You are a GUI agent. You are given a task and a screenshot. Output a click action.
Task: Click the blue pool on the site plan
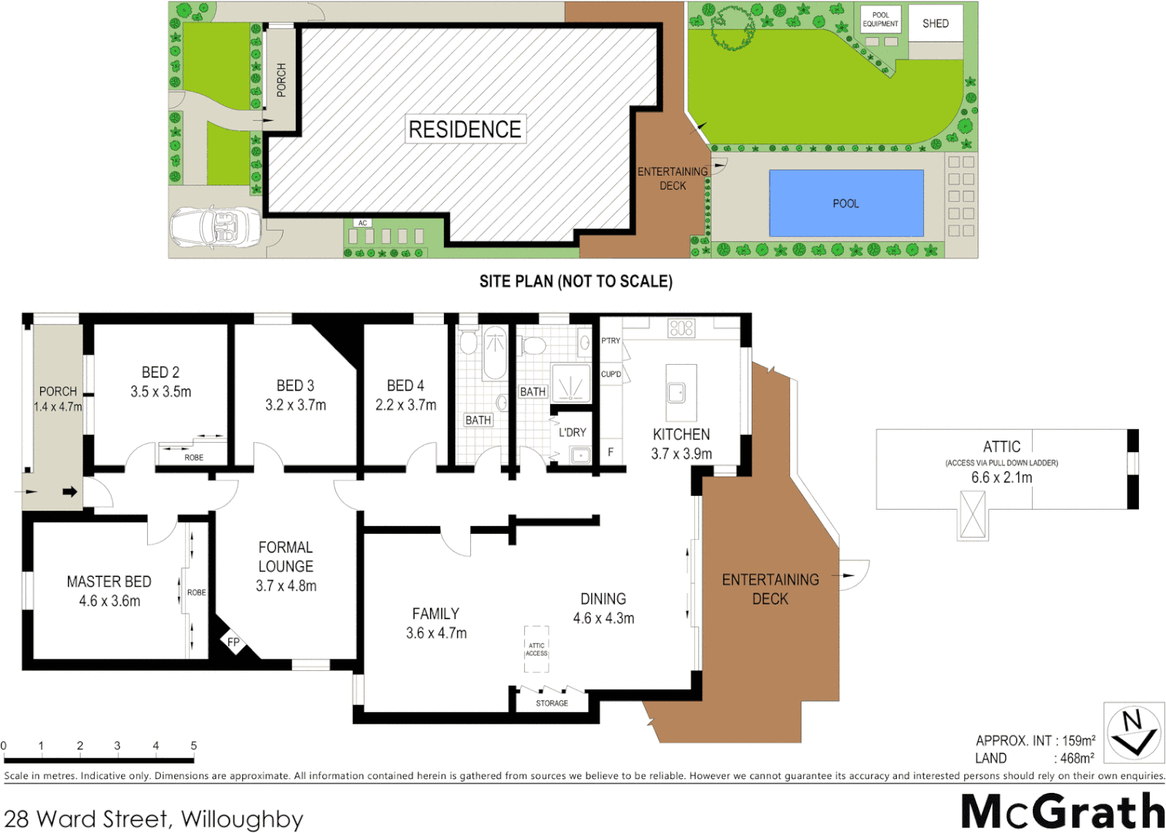(x=846, y=203)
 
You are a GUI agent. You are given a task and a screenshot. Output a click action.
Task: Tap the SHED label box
(x=935, y=23)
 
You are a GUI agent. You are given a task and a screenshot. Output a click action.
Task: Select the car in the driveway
(x=214, y=228)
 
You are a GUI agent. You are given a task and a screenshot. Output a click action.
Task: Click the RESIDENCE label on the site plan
(x=465, y=130)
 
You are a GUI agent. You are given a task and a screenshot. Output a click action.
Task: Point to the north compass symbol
(x=1133, y=733)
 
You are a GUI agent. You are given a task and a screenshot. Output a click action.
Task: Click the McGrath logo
(x=1063, y=811)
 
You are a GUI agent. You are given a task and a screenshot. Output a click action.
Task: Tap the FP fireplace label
(x=234, y=642)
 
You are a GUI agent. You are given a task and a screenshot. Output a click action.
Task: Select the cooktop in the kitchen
(x=681, y=328)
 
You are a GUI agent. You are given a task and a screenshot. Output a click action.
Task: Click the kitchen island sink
(x=677, y=393)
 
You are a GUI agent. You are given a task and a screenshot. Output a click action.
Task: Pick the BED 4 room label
(x=405, y=386)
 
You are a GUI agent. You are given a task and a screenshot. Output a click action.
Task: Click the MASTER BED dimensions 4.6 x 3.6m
(x=109, y=601)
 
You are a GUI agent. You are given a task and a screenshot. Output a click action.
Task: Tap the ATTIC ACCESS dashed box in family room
(x=536, y=649)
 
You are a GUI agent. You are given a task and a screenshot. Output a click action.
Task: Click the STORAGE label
(x=552, y=703)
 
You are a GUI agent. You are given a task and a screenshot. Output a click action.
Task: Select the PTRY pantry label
(x=610, y=341)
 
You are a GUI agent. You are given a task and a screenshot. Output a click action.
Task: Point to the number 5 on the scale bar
(x=193, y=746)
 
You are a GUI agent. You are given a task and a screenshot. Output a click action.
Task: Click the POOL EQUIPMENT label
(x=880, y=19)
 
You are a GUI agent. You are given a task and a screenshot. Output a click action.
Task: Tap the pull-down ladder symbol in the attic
(x=973, y=514)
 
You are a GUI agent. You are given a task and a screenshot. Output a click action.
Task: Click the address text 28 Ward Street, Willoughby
(x=153, y=818)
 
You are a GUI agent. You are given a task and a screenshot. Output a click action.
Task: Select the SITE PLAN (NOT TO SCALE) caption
(x=576, y=282)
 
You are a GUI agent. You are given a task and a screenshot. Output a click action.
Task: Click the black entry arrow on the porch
(x=70, y=491)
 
